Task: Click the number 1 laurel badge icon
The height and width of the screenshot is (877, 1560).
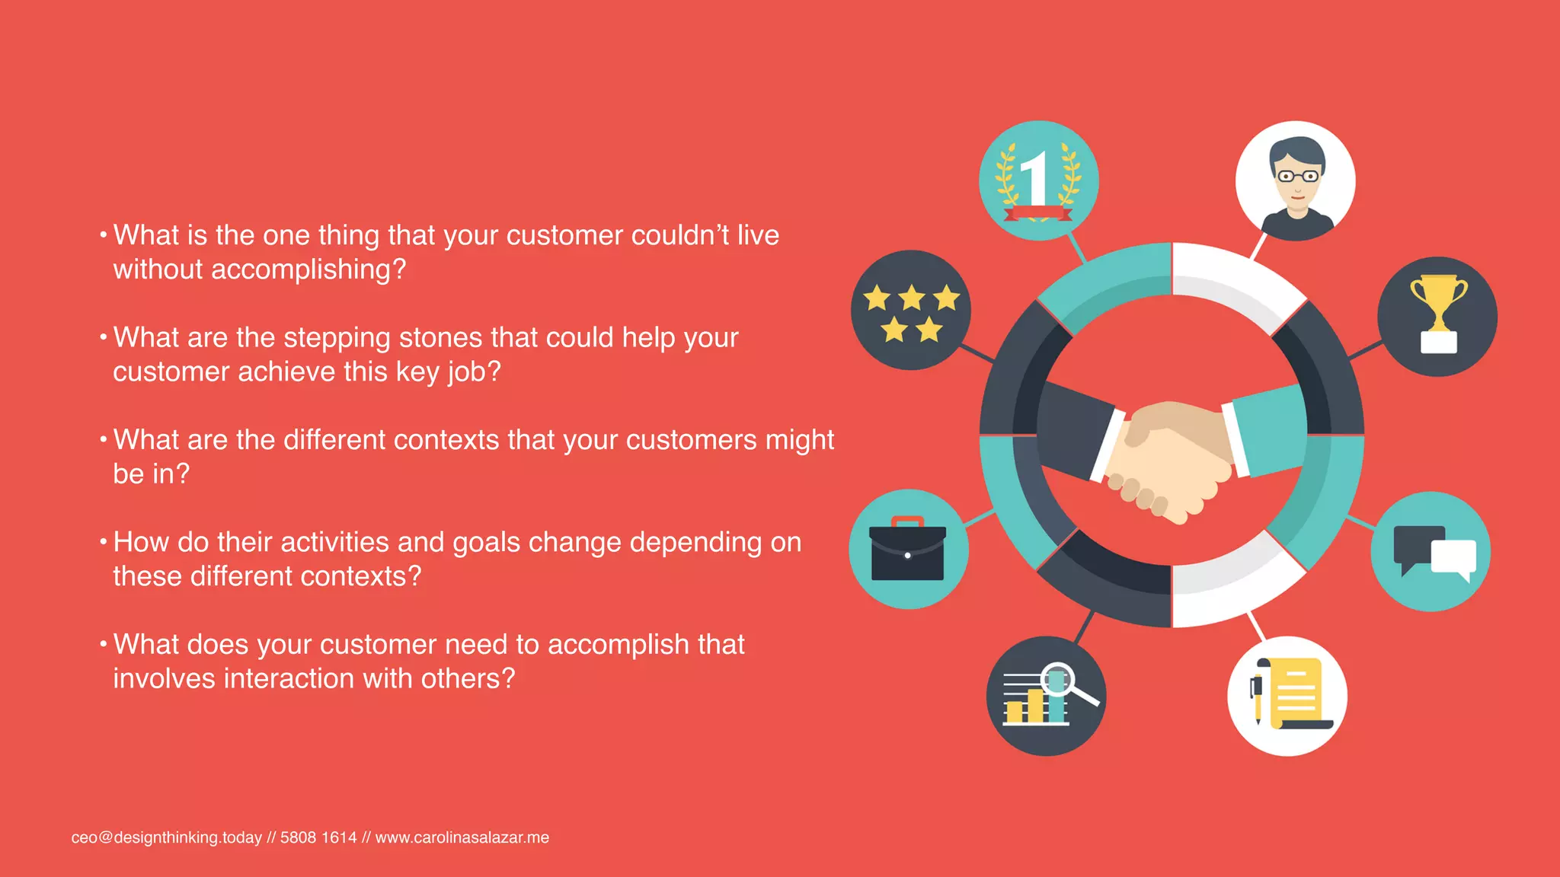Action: click(x=1038, y=181)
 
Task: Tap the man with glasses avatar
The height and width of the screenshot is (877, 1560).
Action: click(x=1295, y=181)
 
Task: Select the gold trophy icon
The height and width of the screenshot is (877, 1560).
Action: click(x=1437, y=316)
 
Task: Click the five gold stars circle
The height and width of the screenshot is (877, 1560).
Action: click(x=911, y=311)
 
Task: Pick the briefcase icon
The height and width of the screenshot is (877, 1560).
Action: click(x=908, y=549)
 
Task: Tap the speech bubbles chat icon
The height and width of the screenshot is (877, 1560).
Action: click(x=1431, y=552)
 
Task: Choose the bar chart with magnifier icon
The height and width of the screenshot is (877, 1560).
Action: click(x=1046, y=696)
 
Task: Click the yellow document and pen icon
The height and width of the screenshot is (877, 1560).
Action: click(x=1287, y=696)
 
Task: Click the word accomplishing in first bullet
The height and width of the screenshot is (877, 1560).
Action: click(x=308, y=269)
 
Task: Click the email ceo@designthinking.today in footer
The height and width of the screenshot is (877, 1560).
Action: click(x=166, y=837)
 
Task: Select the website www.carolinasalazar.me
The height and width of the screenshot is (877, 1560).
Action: click(x=462, y=837)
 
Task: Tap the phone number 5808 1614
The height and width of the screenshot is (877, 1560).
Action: click(x=318, y=837)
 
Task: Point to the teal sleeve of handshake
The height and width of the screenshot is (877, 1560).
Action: click(x=1268, y=430)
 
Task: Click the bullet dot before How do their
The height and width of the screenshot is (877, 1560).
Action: click(x=103, y=542)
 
